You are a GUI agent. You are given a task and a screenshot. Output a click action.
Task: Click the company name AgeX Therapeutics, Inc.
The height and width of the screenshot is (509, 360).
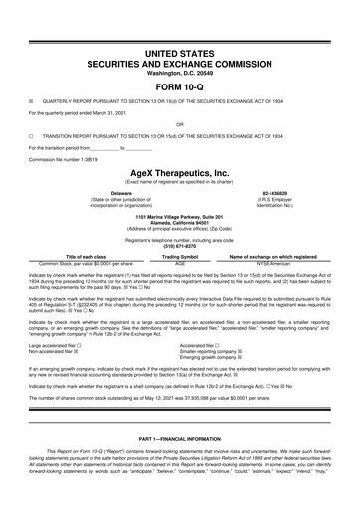[179, 171]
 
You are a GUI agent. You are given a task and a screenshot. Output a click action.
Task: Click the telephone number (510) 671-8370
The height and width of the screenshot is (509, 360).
[179, 246]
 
